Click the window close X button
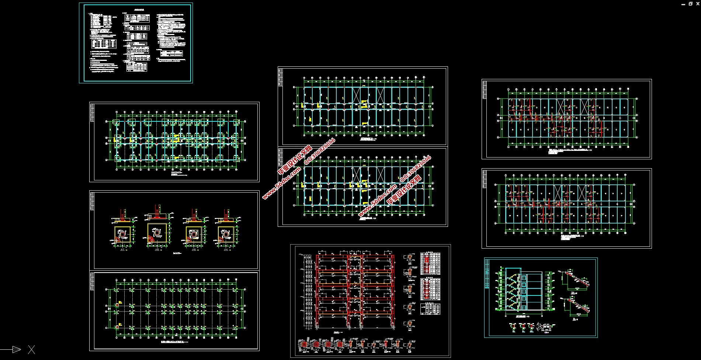[x=697, y=4]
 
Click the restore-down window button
[x=690, y=4]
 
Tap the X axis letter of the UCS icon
[x=31, y=350]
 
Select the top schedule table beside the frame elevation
[x=430, y=263]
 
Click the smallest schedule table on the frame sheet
[x=430, y=309]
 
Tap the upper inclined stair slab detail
[x=575, y=280]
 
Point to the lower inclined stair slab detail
[x=576, y=306]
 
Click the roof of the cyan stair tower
[x=513, y=268]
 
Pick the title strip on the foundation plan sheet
[x=92, y=112]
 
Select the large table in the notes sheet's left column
[x=104, y=44]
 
